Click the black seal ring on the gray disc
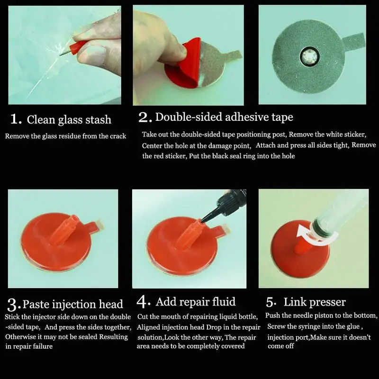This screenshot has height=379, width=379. [310, 57]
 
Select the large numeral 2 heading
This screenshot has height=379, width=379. [144, 117]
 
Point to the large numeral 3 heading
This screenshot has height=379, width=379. [13, 305]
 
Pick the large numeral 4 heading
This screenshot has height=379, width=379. [143, 302]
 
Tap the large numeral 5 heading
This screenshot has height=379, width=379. [271, 302]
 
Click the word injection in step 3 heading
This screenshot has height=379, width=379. [74, 305]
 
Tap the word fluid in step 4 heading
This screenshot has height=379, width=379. [224, 302]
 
